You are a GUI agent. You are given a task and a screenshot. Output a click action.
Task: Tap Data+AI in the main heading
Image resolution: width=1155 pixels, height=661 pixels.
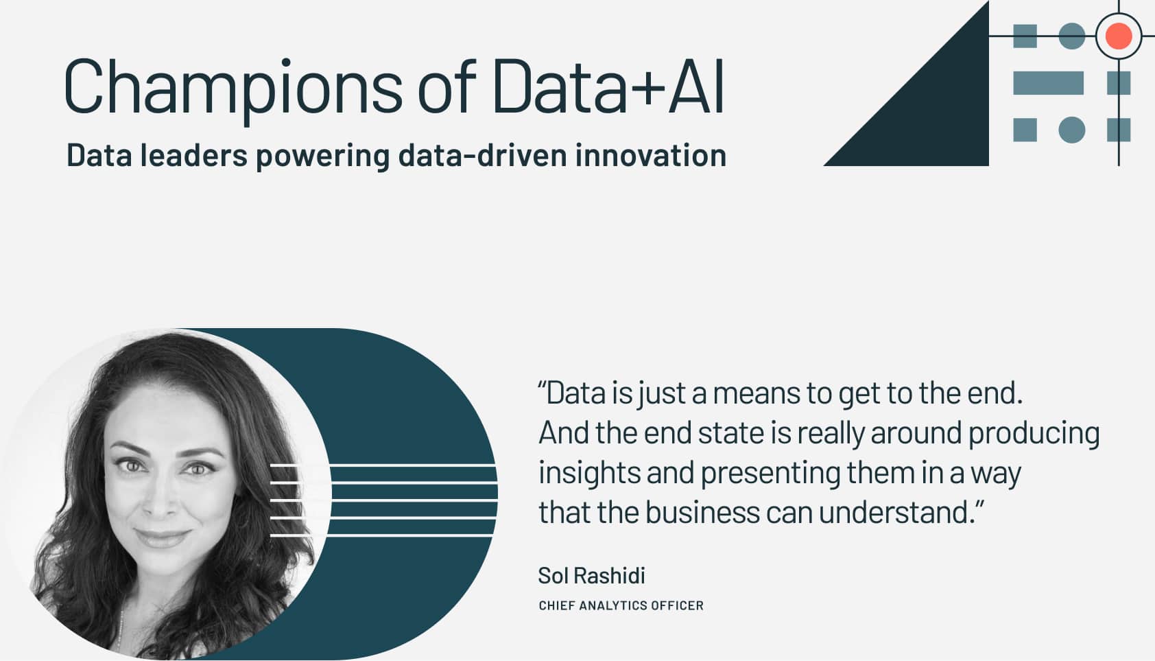pyautogui.click(x=608, y=86)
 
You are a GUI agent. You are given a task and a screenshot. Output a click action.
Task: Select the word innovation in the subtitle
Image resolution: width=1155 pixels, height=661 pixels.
pyautogui.click(x=650, y=155)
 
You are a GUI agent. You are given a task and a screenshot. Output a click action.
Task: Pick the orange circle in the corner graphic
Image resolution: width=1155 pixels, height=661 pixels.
pyautogui.click(x=1118, y=36)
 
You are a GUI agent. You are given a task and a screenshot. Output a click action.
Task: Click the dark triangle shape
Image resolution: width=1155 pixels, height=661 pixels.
pyautogui.click(x=940, y=117)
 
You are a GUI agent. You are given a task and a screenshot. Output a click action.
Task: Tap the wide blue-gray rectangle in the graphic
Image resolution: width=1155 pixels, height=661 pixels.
pyautogui.click(x=1048, y=83)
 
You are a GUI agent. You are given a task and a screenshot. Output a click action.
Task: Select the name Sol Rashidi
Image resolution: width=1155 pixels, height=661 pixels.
pyautogui.click(x=591, y=575)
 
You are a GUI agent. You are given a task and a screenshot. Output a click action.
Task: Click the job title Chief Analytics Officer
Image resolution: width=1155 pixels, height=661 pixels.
pyautogui.click(x=621, y=605)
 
